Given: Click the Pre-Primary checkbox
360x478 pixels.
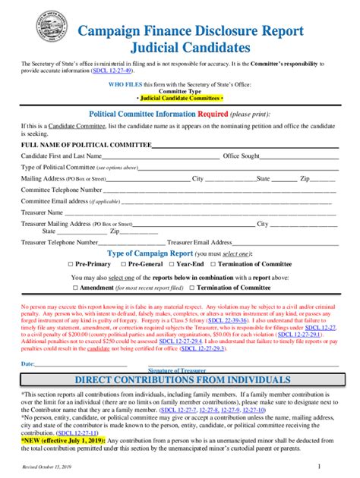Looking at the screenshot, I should coord(71,263).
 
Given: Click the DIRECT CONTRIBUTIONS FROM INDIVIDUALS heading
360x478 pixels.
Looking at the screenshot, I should coord(181,380).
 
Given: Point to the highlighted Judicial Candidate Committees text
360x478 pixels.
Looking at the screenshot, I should coord(181,99).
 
